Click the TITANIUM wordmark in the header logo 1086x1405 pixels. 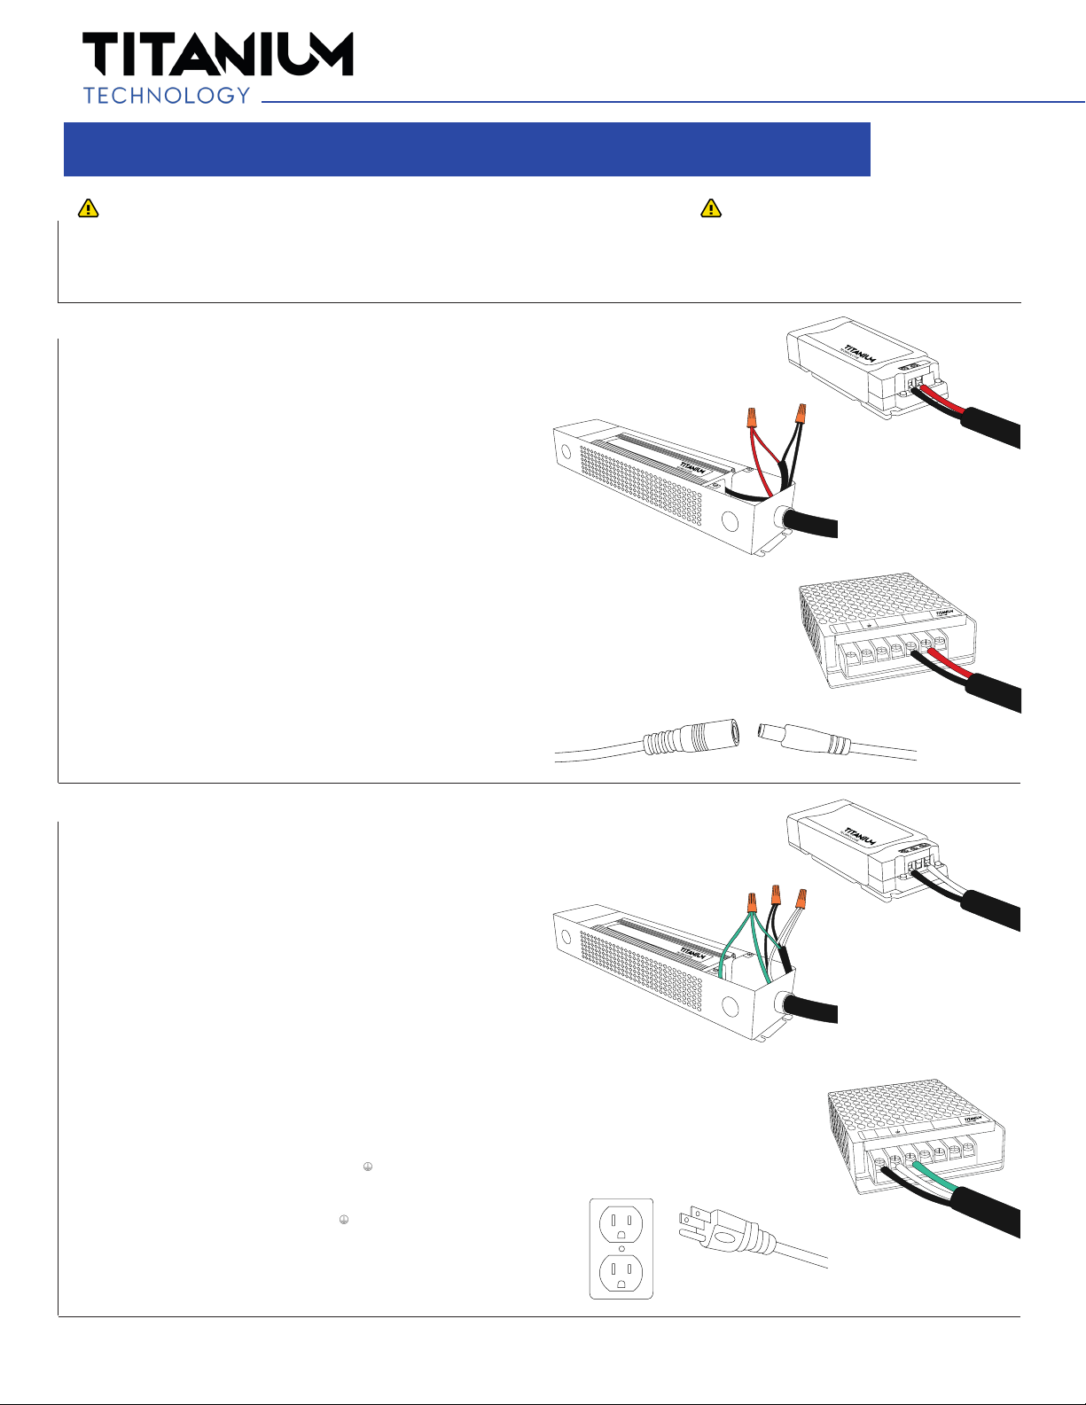218,54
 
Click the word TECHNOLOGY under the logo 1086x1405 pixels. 167,96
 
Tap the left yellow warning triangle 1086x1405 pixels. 89,208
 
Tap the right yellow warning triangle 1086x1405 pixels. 711,208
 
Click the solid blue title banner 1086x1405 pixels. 466,149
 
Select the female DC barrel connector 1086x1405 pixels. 691,737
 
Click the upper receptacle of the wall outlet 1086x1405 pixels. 621,1223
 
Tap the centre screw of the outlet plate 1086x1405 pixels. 621,1248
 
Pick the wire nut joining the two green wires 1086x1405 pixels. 752,902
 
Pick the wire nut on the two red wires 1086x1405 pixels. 751,417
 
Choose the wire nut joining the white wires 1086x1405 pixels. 801,899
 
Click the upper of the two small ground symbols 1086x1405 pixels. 368,1167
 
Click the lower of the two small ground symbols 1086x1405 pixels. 344,1220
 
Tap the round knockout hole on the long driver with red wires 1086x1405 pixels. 731,521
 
